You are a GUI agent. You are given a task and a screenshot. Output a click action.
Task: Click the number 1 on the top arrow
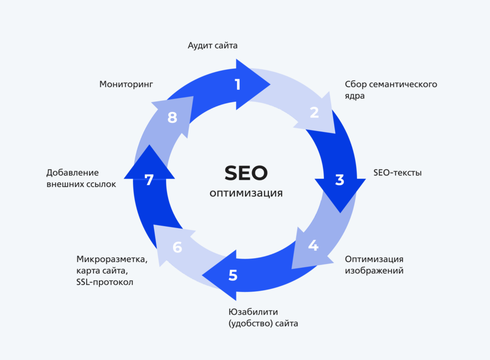[237, 85]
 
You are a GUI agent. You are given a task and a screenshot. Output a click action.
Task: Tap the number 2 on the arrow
[314, 112]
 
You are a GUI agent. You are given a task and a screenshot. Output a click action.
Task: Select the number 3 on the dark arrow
[340, 180]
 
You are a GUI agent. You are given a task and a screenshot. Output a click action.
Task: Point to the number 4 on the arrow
[313, 246]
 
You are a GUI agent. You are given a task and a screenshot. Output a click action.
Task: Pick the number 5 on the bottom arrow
[233, 275]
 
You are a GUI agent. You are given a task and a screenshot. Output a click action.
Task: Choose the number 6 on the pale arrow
[178, 248]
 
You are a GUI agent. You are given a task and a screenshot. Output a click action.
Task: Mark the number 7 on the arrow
[149, 180]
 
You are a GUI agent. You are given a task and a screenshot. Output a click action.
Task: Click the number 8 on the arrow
[172, 118]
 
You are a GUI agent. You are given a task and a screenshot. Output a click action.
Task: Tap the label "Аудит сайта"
[212, 46]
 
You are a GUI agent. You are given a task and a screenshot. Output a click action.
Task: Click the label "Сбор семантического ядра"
[391, 90]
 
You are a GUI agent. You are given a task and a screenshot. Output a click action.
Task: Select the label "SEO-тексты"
[398, 173]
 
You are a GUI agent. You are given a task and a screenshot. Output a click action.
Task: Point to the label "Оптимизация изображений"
[374, 265]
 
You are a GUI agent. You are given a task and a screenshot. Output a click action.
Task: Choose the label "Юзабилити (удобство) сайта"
[263, 318]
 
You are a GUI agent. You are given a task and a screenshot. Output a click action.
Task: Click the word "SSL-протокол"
[105, 282]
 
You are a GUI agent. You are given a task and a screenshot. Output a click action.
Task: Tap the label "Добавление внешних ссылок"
[81, 178]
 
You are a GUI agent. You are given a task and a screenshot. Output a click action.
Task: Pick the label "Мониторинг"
[126, 84]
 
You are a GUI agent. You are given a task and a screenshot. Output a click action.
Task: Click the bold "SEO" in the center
[246, 173]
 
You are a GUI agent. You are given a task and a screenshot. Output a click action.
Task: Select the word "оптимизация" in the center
[246, 193]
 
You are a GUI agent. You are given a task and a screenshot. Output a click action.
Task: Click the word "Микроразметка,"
[112, 259]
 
